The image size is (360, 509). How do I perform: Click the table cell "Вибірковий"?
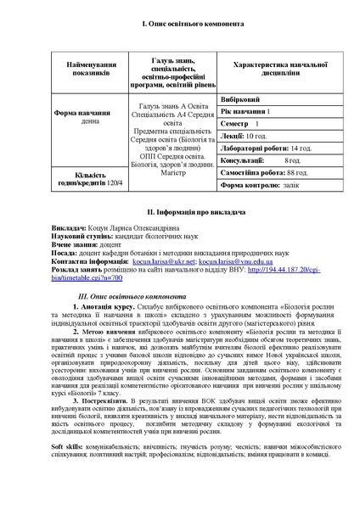(241, 99)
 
